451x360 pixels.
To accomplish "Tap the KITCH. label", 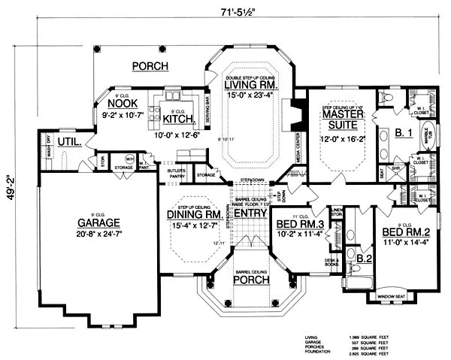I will coord(180,119).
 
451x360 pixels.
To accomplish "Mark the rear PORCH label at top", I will coord(150,66).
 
